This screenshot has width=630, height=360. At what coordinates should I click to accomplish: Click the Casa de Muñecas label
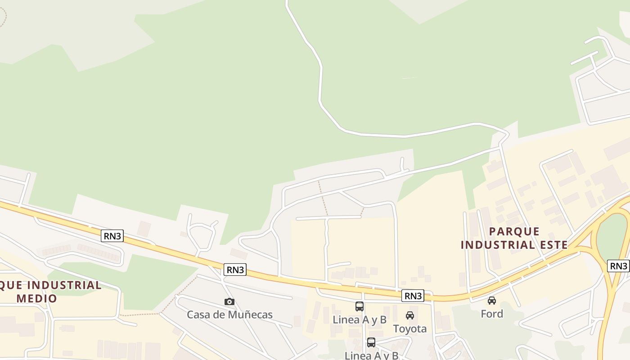[229, 315]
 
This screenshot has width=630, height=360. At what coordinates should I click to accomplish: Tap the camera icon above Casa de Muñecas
[229, 301]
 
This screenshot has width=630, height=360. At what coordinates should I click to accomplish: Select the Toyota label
[409, 329]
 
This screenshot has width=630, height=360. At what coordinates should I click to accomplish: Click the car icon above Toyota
[409, 315]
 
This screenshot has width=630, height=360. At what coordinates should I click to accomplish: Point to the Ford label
[492, 314]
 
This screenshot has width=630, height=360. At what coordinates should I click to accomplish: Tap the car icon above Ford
[492, 300]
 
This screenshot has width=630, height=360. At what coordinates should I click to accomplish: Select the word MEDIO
[37, 298]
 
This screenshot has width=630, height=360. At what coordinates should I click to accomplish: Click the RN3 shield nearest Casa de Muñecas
[235, 270]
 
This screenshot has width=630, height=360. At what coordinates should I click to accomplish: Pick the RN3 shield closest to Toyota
[413, 296]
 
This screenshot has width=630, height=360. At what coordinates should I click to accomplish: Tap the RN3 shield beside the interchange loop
[618, 266]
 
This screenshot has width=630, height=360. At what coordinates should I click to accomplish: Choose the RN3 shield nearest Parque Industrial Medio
[112, 236]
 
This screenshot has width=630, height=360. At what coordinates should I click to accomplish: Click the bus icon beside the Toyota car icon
[360, 306]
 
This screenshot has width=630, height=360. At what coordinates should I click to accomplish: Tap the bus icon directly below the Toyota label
[371, 342]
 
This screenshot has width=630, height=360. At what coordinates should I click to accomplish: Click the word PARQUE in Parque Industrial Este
[514, 232]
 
